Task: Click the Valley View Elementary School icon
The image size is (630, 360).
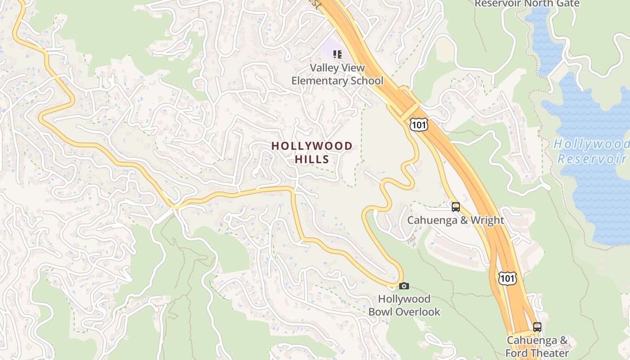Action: (337, 54)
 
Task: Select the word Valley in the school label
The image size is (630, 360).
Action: (323, 68)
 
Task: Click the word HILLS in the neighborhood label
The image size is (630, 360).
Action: (312, 159)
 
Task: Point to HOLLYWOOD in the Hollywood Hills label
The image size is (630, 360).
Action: (312, 146)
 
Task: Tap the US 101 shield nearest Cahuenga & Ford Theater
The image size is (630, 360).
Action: (507, 278)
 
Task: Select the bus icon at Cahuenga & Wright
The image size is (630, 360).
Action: (456, 207)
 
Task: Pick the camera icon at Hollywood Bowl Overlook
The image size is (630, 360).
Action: (404, 286)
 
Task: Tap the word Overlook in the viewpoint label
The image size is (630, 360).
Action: (419, 312)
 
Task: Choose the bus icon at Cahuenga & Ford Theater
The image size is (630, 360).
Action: (537, 327)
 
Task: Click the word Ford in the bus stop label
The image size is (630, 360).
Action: (518, 353)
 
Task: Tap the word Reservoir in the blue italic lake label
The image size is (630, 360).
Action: (592, 158)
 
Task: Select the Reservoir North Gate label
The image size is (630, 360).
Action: (527, 4)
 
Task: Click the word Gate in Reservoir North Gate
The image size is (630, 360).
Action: (568, 4)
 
